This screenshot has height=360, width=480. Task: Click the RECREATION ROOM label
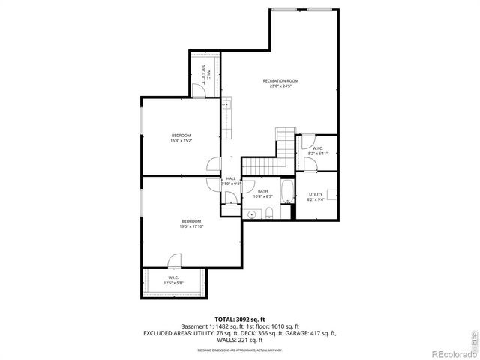pyautogui.click(x=280, y=80)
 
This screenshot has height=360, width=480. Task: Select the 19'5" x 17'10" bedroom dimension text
pyautogui.click(x=191, y=226)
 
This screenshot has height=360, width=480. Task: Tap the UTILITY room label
pyautogui.click(x=315, y=194)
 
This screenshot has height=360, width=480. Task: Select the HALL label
pyautogui.click(x=230, y=178)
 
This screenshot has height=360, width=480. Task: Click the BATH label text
pyautogui.click(x=263, y=191)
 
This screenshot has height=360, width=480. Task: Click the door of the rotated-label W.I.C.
pyautogui.click(x=196, y=91)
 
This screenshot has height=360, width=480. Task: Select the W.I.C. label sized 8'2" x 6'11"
pyautogui.click(x=317, y=148)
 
